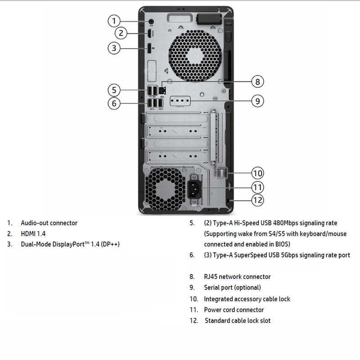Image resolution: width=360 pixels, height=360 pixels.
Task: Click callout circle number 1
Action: [x=114, y=21]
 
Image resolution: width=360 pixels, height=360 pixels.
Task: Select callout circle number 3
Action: [x=114, y=48]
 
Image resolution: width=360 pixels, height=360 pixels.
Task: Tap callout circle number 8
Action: [x=257, y=81]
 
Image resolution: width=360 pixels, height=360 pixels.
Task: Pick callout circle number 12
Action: [x=257, y=200]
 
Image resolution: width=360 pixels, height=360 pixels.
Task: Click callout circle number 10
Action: [x=257, y=173]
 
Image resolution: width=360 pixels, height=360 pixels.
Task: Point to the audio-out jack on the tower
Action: [x=152, y=21]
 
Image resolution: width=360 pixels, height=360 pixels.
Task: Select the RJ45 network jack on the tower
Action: [x=162, y=90]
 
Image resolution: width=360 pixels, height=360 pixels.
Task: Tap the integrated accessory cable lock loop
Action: [x=222, y=173]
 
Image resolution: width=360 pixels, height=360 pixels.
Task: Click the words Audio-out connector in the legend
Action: [x=49, y=223]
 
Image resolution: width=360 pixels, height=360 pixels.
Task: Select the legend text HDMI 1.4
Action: [x=33, y=234]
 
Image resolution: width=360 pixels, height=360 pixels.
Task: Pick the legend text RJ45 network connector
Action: [x=237, y=277]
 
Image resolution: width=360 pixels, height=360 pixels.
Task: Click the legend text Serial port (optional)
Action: [x=232, y=288]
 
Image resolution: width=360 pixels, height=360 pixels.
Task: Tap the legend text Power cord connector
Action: [x=234, y=310]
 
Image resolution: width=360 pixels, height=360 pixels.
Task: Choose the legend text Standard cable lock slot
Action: [x=238, y=321]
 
